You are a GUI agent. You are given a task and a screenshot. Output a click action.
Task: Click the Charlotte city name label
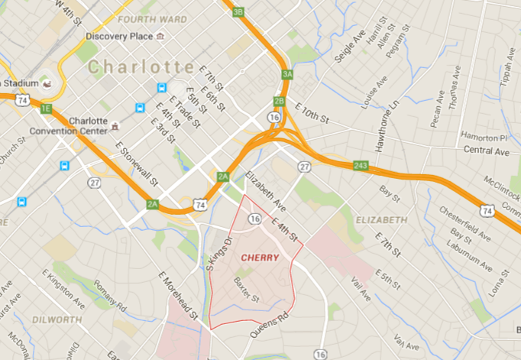click(x=141, y=67)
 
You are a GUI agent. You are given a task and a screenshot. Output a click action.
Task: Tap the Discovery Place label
click(x=121, y=36)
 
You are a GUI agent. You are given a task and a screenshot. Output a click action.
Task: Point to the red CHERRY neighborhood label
click(x=260, y=258)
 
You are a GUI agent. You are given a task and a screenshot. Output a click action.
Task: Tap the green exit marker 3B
click(x=238, y=11)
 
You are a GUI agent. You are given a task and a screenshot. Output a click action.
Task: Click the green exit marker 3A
click(x=286, y=74)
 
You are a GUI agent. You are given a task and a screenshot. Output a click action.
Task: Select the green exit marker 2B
click(x=279, y=101)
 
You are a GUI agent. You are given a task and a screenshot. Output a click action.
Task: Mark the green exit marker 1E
click(x=46, y=109)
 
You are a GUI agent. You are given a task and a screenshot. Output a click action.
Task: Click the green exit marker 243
click(x=361, y=166)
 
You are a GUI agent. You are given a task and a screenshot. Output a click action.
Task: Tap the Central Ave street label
click(x=486, y=151)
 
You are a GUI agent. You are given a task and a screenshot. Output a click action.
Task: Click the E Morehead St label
click(x=179, y=294)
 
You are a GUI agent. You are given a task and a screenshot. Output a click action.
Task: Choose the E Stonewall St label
click(x=137, y=164)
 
